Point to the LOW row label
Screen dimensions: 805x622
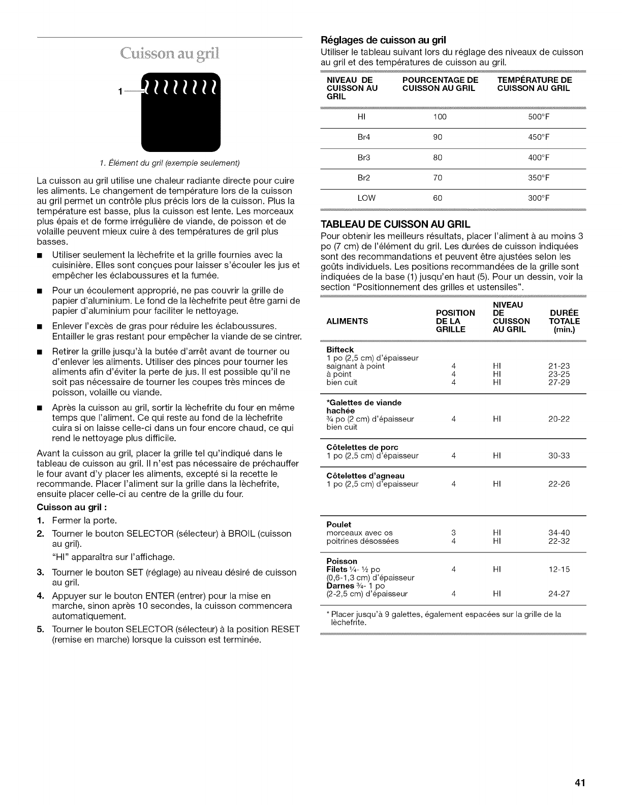pyautogui.click(x=366, y=198)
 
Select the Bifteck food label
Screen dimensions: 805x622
pyautogui.click(x=340, y=350)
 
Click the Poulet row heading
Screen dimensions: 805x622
pyautogui.click(x=338, y=524)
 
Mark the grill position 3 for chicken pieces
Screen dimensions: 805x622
pyautogui.click(x=453, y=533)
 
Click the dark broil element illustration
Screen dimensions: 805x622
pyautogui.click(x=181, y=109)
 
